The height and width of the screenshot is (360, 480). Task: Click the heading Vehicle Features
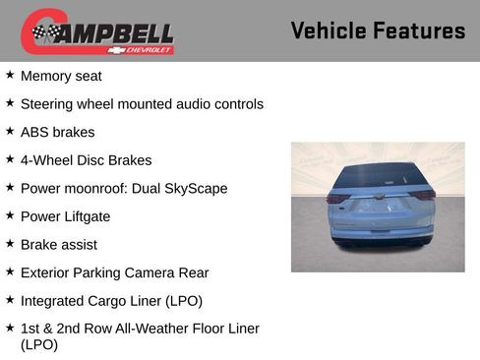378,31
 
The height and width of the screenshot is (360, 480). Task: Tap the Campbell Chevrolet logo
97,31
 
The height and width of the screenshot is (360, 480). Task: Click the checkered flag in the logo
45,32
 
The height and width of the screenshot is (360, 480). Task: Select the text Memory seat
61,76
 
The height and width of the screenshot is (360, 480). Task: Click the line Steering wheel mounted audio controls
142,103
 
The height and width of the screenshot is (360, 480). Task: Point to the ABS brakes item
58,132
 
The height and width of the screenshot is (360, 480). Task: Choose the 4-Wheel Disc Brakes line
86,160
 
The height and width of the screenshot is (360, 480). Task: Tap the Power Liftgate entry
65,216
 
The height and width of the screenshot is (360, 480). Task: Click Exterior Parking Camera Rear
114,272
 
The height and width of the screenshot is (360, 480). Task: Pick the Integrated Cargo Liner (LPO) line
111,301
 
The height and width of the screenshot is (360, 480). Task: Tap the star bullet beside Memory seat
10,75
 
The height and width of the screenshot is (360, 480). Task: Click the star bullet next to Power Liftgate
10,215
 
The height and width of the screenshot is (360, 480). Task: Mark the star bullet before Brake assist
10,244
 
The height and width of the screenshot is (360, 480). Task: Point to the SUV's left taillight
337,198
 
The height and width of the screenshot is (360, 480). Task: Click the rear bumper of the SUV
382,234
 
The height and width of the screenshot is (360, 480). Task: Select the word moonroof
92,188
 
